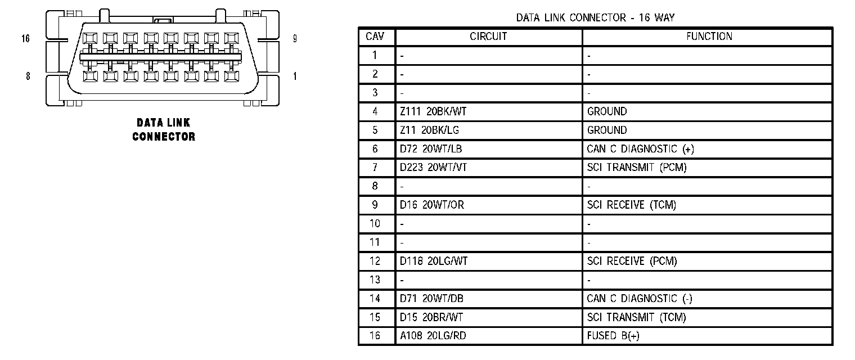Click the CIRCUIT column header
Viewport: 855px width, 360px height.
coord(488,37)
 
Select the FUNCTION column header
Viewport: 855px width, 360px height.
coord(709,37)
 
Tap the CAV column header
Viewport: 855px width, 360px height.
coord(375,37)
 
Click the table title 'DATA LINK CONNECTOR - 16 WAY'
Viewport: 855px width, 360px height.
coord(595,17)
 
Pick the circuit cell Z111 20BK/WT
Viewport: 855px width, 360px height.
coord(433,111)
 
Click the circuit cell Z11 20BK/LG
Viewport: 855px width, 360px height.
coord(429,130)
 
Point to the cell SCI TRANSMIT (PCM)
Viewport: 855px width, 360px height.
coord(636,168)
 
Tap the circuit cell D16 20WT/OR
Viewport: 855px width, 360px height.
coord(431,205)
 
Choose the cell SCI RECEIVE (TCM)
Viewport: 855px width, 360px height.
coord(631,205)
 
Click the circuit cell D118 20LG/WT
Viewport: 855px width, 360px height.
coord(433,261)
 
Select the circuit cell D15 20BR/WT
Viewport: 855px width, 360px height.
coord(431,317)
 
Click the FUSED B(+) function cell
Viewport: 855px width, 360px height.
coord(613,336)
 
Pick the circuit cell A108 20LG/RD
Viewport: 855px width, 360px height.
coord(433,336)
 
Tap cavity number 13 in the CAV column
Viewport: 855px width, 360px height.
coord(375,280)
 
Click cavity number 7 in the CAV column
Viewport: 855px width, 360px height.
coord(375,168)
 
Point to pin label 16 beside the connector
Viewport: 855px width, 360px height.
coord(25,39)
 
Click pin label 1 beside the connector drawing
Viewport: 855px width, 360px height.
coord(295,76)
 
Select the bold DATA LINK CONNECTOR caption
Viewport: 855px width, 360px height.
coord(164,129)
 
